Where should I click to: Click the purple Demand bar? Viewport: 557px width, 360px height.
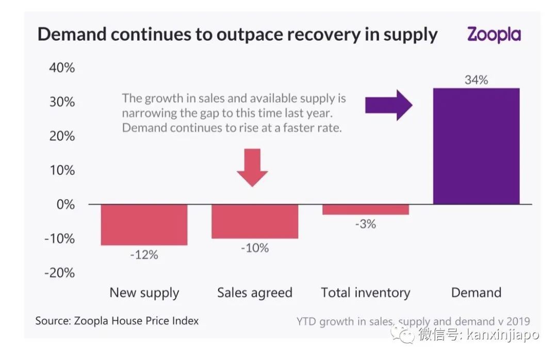click(x=476, y=146)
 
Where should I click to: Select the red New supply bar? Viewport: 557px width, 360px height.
click(x=144, y=224)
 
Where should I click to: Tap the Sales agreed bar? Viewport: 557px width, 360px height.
click(x=255, y=221)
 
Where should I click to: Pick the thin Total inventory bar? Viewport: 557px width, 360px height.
click(x=365, y=209)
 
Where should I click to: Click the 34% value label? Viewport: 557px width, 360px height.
click(x=476, y=80)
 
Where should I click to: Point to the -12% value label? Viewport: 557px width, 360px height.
click(x=144, y=254)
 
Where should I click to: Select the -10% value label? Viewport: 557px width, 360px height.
click(x=255, y=248)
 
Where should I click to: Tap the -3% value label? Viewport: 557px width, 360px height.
click(x=365, y=224)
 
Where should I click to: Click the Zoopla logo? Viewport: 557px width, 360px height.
click(x=494, y=35)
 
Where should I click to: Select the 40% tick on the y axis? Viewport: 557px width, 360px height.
click(x=62, y=68)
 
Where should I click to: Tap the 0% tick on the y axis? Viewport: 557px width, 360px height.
click(x=65, y=204)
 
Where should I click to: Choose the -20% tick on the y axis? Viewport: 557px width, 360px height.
click(x=59, y=272)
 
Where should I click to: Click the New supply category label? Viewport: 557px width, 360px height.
click(x=144, y=293)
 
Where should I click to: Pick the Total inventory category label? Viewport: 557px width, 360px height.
click(x=365, y=293)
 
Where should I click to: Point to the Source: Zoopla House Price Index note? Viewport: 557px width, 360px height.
click(x=117, y=321)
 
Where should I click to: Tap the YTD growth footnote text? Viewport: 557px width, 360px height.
click(x=413, y=322)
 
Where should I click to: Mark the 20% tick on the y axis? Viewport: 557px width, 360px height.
click(x=62, y=136)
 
